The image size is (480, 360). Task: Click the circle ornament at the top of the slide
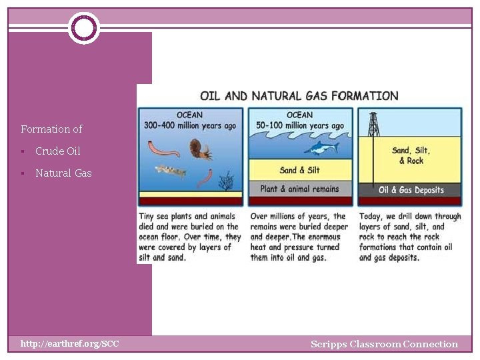[x=83, y=28]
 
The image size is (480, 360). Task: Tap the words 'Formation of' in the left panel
[x=51, y=129]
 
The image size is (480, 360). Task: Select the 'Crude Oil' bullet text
[x=58, y=151]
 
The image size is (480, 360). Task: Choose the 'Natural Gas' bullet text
[x=63, y=173]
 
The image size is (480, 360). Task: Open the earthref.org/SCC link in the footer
[x=69, y=344]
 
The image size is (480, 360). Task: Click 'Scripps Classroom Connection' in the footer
[x=384, y=345]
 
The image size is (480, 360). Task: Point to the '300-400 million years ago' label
[x=190, y=125]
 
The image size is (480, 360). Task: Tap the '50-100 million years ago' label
[x=300, y=125]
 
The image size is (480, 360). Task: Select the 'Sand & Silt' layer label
[x=299, y=170]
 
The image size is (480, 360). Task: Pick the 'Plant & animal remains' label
[x=299, y=189]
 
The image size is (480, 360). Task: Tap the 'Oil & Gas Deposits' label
[x=411, y=190]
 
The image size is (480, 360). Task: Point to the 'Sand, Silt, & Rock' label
[x=411, y=155]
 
